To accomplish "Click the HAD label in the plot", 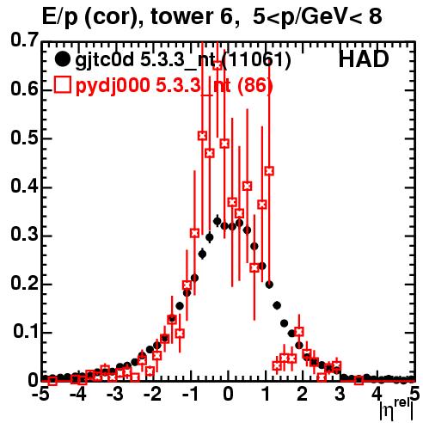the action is (x=364, y=59).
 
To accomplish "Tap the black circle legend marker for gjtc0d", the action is (x=62, y=60).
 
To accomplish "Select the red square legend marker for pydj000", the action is (x=62, y=85).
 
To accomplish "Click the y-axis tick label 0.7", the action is (x=24, y=40).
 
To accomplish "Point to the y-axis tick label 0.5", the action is (x=24, y=138).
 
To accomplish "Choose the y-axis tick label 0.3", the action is (x=24, y=235).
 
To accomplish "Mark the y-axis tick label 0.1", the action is (x=26, y=332).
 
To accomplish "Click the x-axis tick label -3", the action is (x=114, y=395).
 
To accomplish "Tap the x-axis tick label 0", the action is (x=228, y=395).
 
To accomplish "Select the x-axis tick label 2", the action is (x=303, y=395).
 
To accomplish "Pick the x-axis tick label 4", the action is (x=377, y=395).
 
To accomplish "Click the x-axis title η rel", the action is (x=396, y=409).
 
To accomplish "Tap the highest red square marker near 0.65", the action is (x=218, y=65).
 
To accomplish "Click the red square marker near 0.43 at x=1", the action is (x=269, y=171).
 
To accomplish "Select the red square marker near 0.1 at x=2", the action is (x=299, y=332).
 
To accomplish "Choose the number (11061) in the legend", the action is (x=256, y=60).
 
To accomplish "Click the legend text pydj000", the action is (x=113, y=86).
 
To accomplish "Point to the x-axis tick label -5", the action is (x=40, y=395).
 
